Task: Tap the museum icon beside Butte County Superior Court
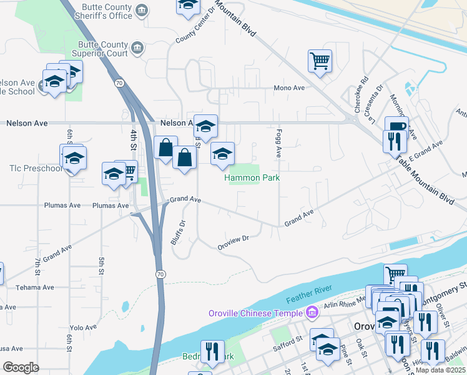pos(138,47)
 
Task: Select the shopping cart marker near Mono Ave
pos(320,61)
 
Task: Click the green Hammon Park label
pos(252,178)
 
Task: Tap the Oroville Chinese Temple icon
pos(312,312)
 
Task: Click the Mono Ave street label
pos(289,88)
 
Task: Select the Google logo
pos(21,367)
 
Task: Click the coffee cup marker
pos(395,126)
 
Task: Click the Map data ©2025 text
pos(440,370)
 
